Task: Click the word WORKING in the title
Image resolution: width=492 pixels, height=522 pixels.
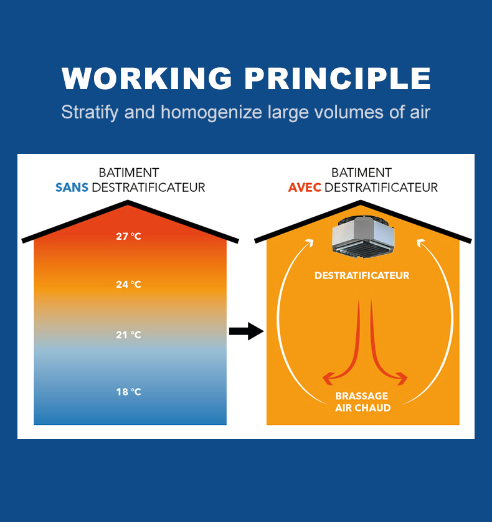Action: tap(146, 78)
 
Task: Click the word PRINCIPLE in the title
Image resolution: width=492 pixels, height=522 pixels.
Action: tap(338, 78)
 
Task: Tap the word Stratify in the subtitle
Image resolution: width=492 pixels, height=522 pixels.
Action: tap(90, 113)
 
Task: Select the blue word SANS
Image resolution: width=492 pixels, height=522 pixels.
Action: tap(72, 187)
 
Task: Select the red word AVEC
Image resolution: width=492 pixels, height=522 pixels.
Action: tap(305, 187)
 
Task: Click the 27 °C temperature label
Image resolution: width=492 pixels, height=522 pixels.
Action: tap(128, 236)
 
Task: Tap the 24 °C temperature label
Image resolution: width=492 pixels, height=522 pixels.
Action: tap(128, 284)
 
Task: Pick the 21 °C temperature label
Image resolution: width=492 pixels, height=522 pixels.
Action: tap(128, 335)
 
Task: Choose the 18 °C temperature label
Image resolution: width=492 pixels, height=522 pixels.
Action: tap(128, 392)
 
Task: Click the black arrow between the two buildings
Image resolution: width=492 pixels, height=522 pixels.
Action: tap(247, 331)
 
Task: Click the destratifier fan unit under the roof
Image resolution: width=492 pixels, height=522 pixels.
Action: tap(363, 237)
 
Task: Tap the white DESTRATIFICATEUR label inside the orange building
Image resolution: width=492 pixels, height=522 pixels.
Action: tap(362, 276)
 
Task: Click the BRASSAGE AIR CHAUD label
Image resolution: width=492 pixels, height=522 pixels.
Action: tap(362, 402)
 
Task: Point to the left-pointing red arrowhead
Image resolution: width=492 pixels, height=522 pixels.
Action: tap(328, 378)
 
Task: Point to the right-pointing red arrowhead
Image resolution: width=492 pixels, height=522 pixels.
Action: tap(402, 378)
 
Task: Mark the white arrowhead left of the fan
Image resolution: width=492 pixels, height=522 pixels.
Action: tap(310, 243)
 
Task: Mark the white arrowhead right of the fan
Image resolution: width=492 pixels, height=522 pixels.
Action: tap(421, 243)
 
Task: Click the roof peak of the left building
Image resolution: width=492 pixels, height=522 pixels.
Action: tap(128, 201)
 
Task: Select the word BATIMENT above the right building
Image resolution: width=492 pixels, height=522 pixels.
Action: tap(361, 173)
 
